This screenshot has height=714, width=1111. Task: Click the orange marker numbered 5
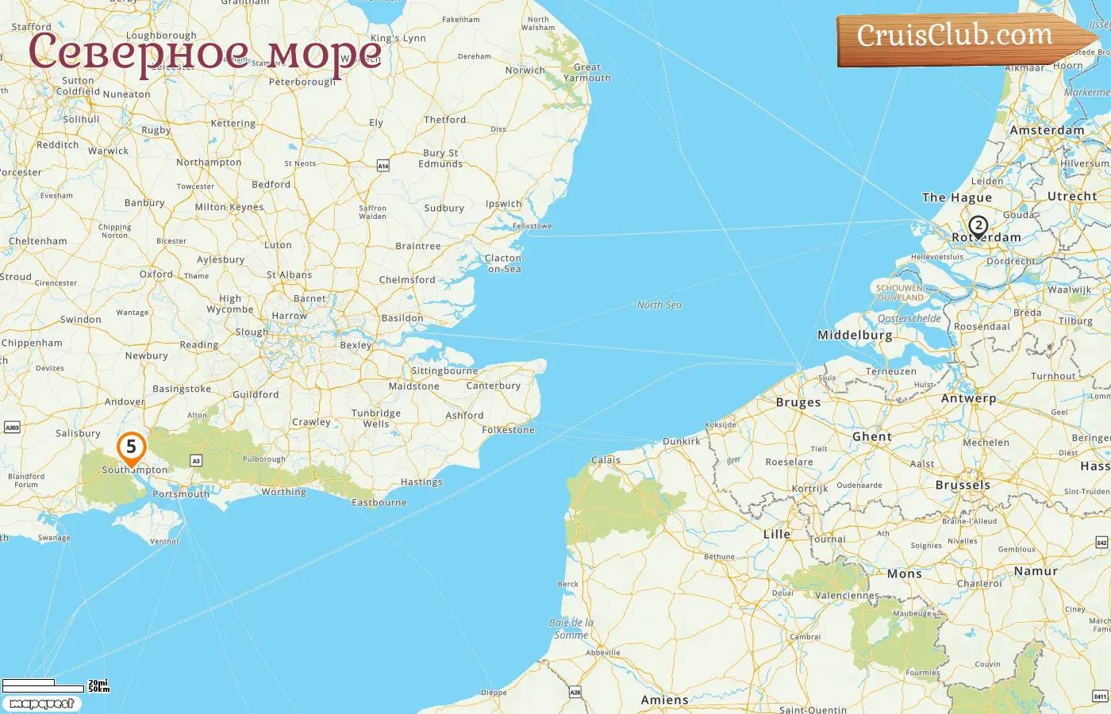[x=131, y=447]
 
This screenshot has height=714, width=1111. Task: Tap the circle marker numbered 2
[x=978, y=226]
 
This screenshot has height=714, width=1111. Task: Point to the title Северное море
[x=205, y=52]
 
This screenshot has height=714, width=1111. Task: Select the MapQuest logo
[x=41, y=704]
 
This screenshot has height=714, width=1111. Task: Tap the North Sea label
[x=659, y=305]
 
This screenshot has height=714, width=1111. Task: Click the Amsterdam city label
[x=1046, y=130]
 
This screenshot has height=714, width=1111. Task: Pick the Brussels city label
[x=963, y=485]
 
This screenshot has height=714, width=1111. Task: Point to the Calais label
[x=605, y=460]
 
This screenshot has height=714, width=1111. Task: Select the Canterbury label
[x=493, y=386]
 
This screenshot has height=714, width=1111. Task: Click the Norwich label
[x=525, y=71]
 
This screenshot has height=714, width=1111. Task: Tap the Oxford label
[x=156, y=274]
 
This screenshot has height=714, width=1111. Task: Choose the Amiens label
[x=664, y=700]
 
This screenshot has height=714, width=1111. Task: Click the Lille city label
[x=776, y=534]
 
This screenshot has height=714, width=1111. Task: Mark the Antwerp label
[x=967, y=398]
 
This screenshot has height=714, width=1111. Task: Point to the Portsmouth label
[x=181, y=494]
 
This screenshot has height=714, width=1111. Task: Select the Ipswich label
[x=503, y=204]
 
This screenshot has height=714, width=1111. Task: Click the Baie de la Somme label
[x=571, y=628]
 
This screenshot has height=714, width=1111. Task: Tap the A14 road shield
[x=383, y=166]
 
